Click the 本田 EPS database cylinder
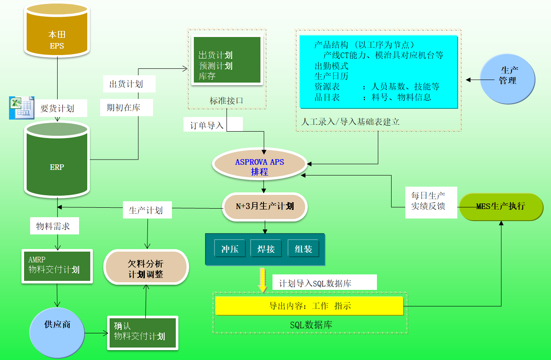coord(57,35)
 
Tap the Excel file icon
coord(21,108)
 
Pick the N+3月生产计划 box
coord(265,206)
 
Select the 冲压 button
coord(230,249)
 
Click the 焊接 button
coord(266,249)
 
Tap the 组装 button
coord(303,249)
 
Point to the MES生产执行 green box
coord(501,206)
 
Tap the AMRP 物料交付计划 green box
coord(57,265)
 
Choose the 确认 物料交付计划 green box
coord(142,332)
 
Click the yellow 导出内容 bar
coord(309,306)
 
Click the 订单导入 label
coord(208,126)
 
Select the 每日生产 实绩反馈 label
coord(428,200)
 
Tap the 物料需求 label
coord(53,226)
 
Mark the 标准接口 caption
coord(227,101)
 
